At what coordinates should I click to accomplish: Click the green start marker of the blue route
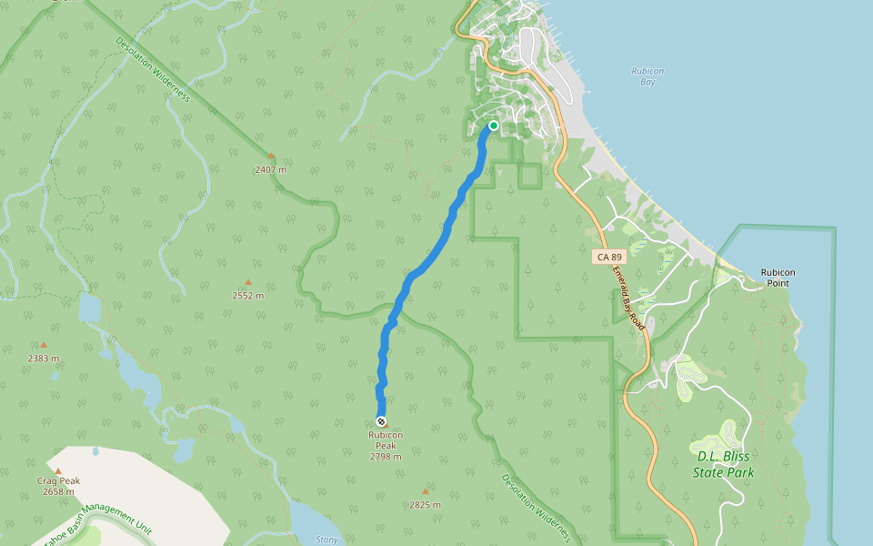coord(493,126)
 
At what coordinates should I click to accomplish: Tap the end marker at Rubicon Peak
coord(381,421)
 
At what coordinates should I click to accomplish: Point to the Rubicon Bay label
coord(647,76)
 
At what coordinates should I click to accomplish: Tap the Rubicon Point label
coord(778,278)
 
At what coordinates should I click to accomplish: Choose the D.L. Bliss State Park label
coord(724,464)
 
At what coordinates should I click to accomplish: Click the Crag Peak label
coord(58,480)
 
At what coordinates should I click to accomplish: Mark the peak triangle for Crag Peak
coord(58,470)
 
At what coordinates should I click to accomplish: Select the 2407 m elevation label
coord(270,169)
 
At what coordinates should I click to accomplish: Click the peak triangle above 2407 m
coord(270,156)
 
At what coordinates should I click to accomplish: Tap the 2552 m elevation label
coord(247,295)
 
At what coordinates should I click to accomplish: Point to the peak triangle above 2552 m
coord(247,282)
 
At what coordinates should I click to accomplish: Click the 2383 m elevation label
coord(43,358)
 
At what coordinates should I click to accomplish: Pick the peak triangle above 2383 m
coord(43,345)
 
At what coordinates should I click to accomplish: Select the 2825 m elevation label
coord(425,504)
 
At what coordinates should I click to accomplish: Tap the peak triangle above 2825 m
coord(425,491)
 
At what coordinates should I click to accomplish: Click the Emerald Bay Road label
coord(627,298)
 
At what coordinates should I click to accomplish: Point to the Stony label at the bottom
coord(326,540)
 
